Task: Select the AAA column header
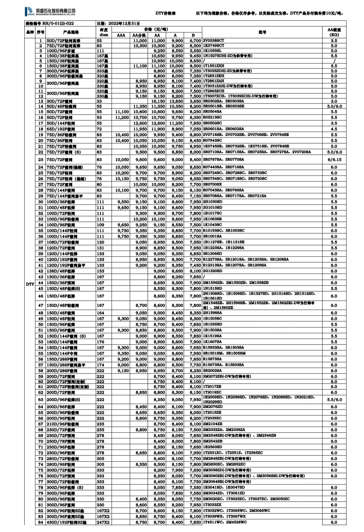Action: (x=121, y=35)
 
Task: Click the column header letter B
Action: (x=193, y=35)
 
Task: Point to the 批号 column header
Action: (x=262, y=32)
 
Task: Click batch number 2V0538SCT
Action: (x=214, y=40)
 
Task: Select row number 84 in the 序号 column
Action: (x=41, y=522)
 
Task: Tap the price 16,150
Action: (x=158, y=101)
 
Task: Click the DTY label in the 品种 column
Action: (x=30, y=284)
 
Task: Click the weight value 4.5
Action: (x=334, y=129)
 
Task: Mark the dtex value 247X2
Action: (x=103, y=522)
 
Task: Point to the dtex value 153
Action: (x=100, y=271)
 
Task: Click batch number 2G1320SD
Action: (x=212, y=271)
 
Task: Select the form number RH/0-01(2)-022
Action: (x=50, y=24)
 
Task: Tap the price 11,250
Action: (x=176, y=123)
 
